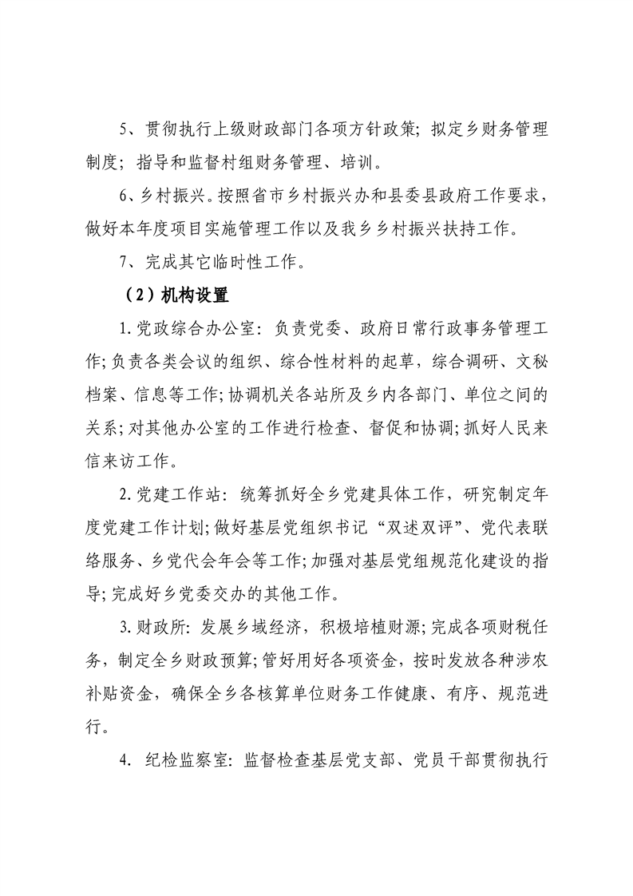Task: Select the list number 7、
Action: [126, 262]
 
